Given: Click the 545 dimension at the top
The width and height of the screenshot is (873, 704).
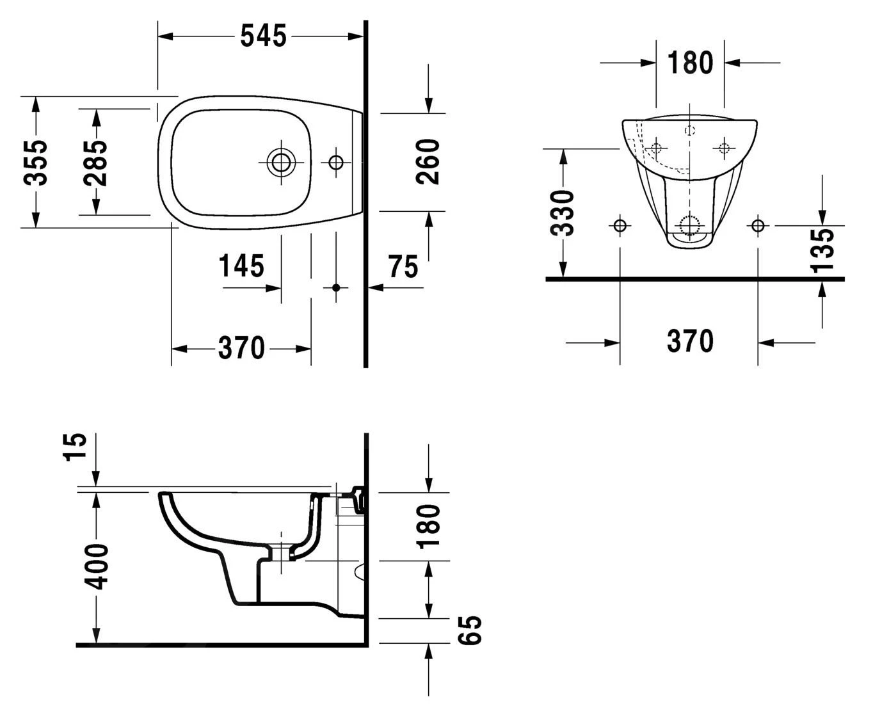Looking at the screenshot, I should pyautogui.click(x=262, y=36).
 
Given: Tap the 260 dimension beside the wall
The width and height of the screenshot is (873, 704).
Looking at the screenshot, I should pyautogui.click(x=428, y=161).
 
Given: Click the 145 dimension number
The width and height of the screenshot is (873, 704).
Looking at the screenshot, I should pyautogui.click(x=241, y=266).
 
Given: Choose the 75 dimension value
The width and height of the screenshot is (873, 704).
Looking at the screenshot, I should pyautogui.click(x=403, y=266).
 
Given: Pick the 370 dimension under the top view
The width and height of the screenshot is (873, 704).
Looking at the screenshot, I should pyautogui.click(x=241, y=348).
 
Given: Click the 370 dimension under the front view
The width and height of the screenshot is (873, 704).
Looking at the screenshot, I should pyautogui.click(x=689, y=341).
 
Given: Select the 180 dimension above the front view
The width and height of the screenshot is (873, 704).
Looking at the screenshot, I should pyautogui.click(x=689, y=63).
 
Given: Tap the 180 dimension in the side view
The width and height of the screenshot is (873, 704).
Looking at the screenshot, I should pyautogui.click(x=428, y=527).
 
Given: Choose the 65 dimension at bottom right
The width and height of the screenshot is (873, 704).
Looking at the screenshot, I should pyautogui.click(x=470, y=630).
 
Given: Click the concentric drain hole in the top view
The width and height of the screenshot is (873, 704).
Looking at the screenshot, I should pyautogui.click(x=280, y=162).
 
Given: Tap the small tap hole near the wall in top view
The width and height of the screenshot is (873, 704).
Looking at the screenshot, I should pyautogui.click(x=335, y=162).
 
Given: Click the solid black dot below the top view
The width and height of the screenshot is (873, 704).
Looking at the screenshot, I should pyautogui.click(x=335, y=287).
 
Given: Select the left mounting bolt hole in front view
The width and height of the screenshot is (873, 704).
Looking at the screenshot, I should pyautogui.click(x=620, y=225).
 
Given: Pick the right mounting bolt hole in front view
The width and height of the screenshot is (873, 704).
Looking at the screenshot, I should pyautogui.click(x=758, y=225).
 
